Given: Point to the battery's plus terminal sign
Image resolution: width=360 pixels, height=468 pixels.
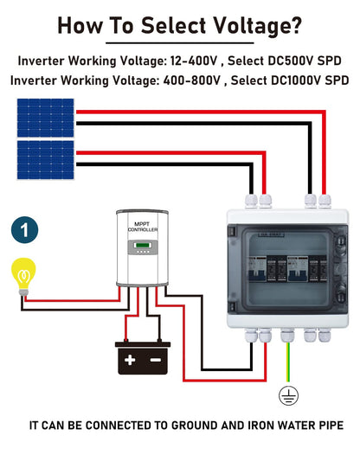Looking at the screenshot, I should [x=132, y=356].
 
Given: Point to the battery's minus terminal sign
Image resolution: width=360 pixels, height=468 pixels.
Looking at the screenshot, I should [x=156, y=356].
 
